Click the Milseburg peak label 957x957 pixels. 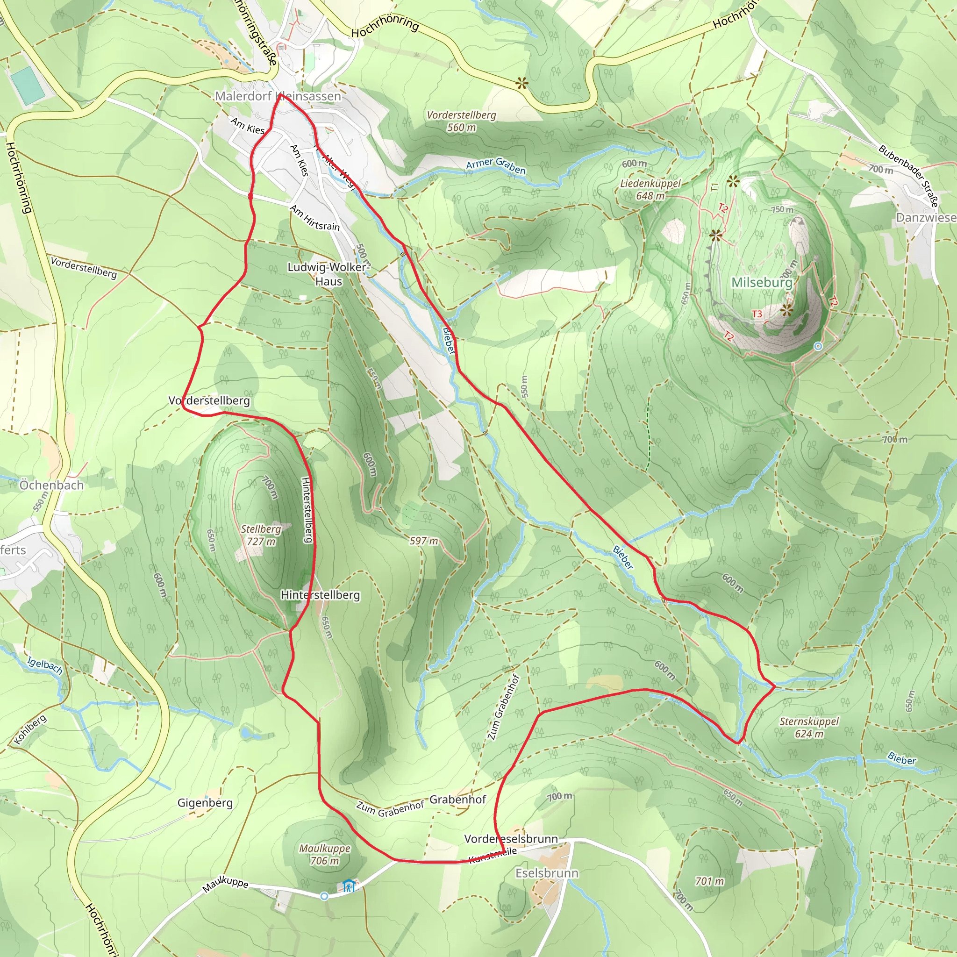(762, 282)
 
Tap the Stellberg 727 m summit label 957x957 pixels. (261, 535)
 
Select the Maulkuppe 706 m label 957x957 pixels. (324, 855)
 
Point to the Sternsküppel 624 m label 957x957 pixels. (809, 727)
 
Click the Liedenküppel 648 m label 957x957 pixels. (650, 190)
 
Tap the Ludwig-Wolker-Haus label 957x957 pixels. (329, 274)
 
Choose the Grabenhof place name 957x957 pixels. (457, 800)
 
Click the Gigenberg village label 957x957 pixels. (205, 802)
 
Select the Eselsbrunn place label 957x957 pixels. (547, 873)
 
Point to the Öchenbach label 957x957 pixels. (51, 485)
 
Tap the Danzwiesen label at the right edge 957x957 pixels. (926, 218)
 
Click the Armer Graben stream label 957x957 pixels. (496, 166)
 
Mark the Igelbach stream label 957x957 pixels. (44, 665)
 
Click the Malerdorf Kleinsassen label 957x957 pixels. (278, 96)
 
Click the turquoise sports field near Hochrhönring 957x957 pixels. (28, 86)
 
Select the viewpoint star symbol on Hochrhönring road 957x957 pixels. (521, 83)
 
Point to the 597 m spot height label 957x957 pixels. (423, 541)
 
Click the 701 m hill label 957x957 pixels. (709, 881)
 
